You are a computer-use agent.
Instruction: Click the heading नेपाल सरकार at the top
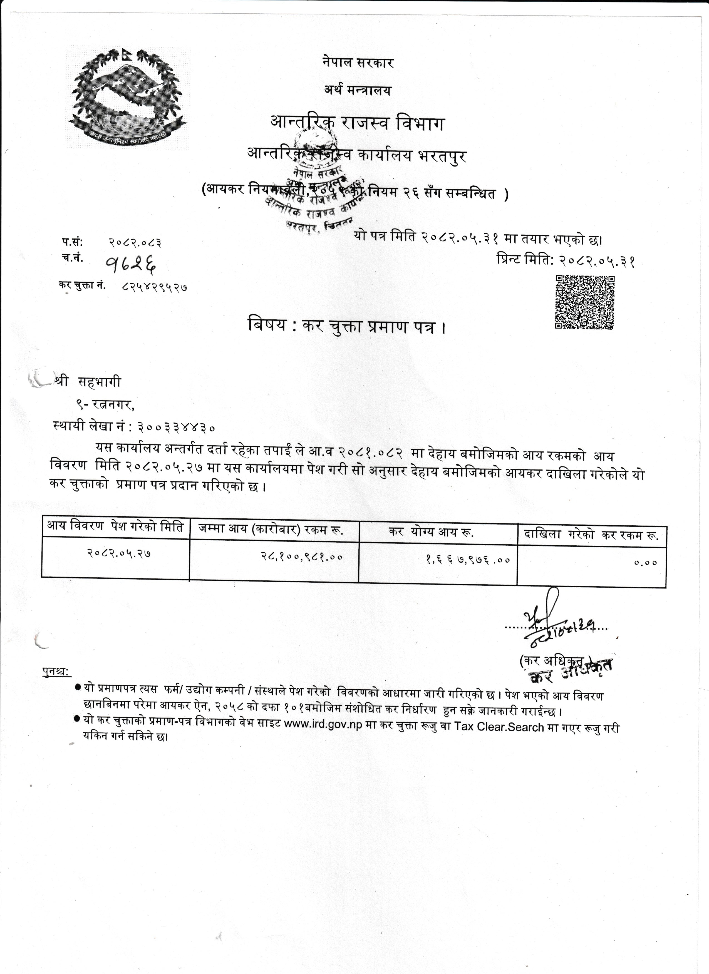[358, 63]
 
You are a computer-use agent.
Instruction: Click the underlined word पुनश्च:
[57, 672]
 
